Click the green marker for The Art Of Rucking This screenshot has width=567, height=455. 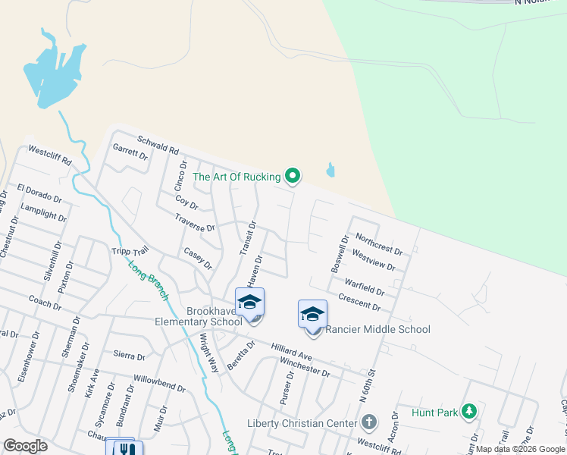click(x=293, y=177)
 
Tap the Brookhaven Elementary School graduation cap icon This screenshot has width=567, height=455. click(x=249, y=302)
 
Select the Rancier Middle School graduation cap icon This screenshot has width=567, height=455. click(x=312, y=313)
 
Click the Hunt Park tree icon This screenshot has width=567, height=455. click(x=469, y=412)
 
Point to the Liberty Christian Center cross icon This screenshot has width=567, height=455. click(x=369, y=422)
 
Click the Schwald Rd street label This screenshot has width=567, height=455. click(x=157, y=145)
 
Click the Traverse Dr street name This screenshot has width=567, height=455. click(x=195, y=222)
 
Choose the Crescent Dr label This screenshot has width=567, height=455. click(x=359, y=301)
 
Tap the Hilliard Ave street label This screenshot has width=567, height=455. click(x=291, y=350)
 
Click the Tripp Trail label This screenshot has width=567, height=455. click(x=130, y=252)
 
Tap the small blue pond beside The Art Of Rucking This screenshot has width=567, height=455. click(x=330, y=170)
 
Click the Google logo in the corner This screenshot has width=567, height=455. click(x=25, y=446)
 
